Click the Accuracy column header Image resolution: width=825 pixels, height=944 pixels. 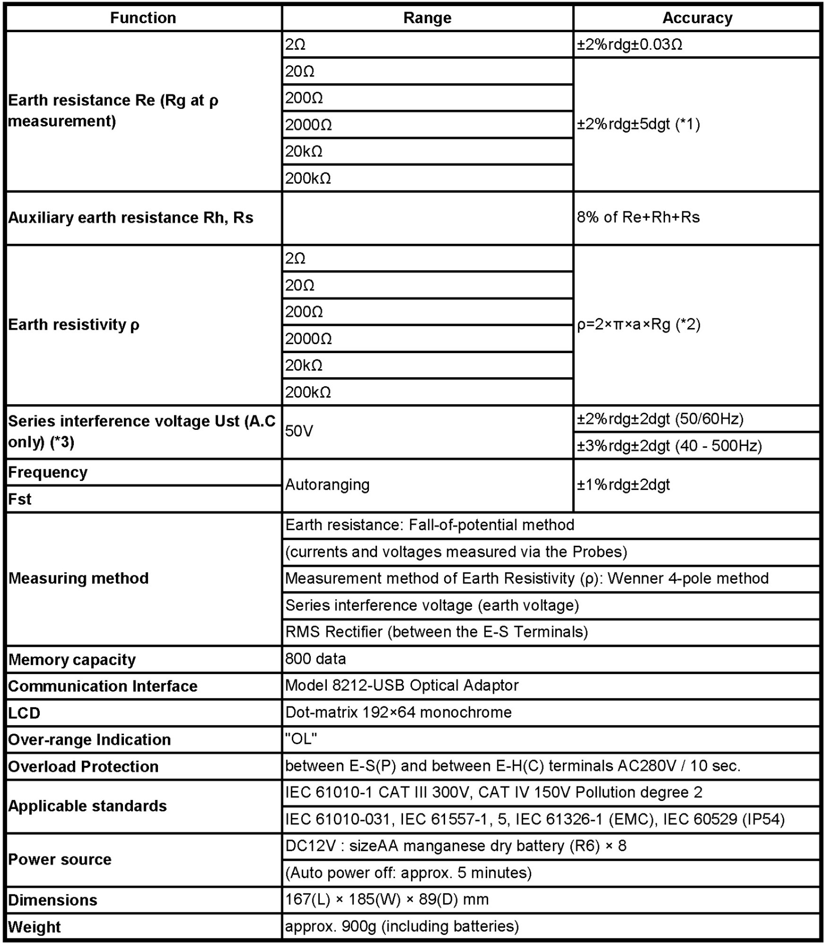click(697, 18)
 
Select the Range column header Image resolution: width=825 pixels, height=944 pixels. click(427, 18)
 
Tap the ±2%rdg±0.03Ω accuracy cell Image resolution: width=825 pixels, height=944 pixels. click(629, 45)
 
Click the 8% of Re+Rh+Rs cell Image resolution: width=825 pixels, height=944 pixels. click(638, 217)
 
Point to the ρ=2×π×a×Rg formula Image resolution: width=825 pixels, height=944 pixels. click(638, 325)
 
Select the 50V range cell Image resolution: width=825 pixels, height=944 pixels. click(299, 431)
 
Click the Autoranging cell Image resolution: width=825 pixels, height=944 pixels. click(327, 485)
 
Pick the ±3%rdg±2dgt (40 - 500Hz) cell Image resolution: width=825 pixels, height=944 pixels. click(669, 445)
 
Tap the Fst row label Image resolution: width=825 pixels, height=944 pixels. click(20, 499)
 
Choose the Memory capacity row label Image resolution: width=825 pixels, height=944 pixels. click(72, 659)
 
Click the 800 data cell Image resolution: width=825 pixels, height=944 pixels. click(316, 659)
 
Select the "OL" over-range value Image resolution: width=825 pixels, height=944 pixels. click(301, 739)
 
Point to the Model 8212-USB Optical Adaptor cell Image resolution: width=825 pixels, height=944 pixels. click(402, 686)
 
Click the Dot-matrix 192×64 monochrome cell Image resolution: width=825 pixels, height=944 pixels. click(398, 712)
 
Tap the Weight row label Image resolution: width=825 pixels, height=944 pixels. click(35, 926)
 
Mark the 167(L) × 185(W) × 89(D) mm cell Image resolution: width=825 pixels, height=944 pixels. click(386, 899)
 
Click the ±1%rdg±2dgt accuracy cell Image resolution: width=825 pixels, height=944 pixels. click(623, 485)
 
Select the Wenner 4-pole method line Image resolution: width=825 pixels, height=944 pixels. click(527, 579)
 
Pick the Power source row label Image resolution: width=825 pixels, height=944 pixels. click(60, 859)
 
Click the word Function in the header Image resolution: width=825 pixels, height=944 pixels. click(143, 18)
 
